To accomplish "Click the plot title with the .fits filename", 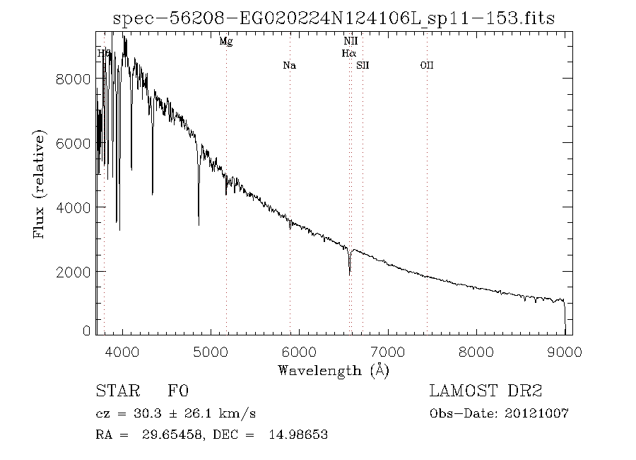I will [x=334, y=19].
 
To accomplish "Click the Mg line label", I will [x=226, y=42].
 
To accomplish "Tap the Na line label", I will [x=289, y=66].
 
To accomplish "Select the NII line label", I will [x=350, y=42].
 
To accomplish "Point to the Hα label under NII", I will [x=349, y=53].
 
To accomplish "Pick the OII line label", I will [x=427, y=66].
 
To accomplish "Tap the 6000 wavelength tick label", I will [x=299, y=352].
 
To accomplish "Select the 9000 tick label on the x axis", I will [x=564, y=352].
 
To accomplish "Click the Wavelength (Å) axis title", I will [x=334, y=369].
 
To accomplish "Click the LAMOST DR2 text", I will [x=485, y=391].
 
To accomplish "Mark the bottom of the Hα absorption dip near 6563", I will [x=349, y=274].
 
